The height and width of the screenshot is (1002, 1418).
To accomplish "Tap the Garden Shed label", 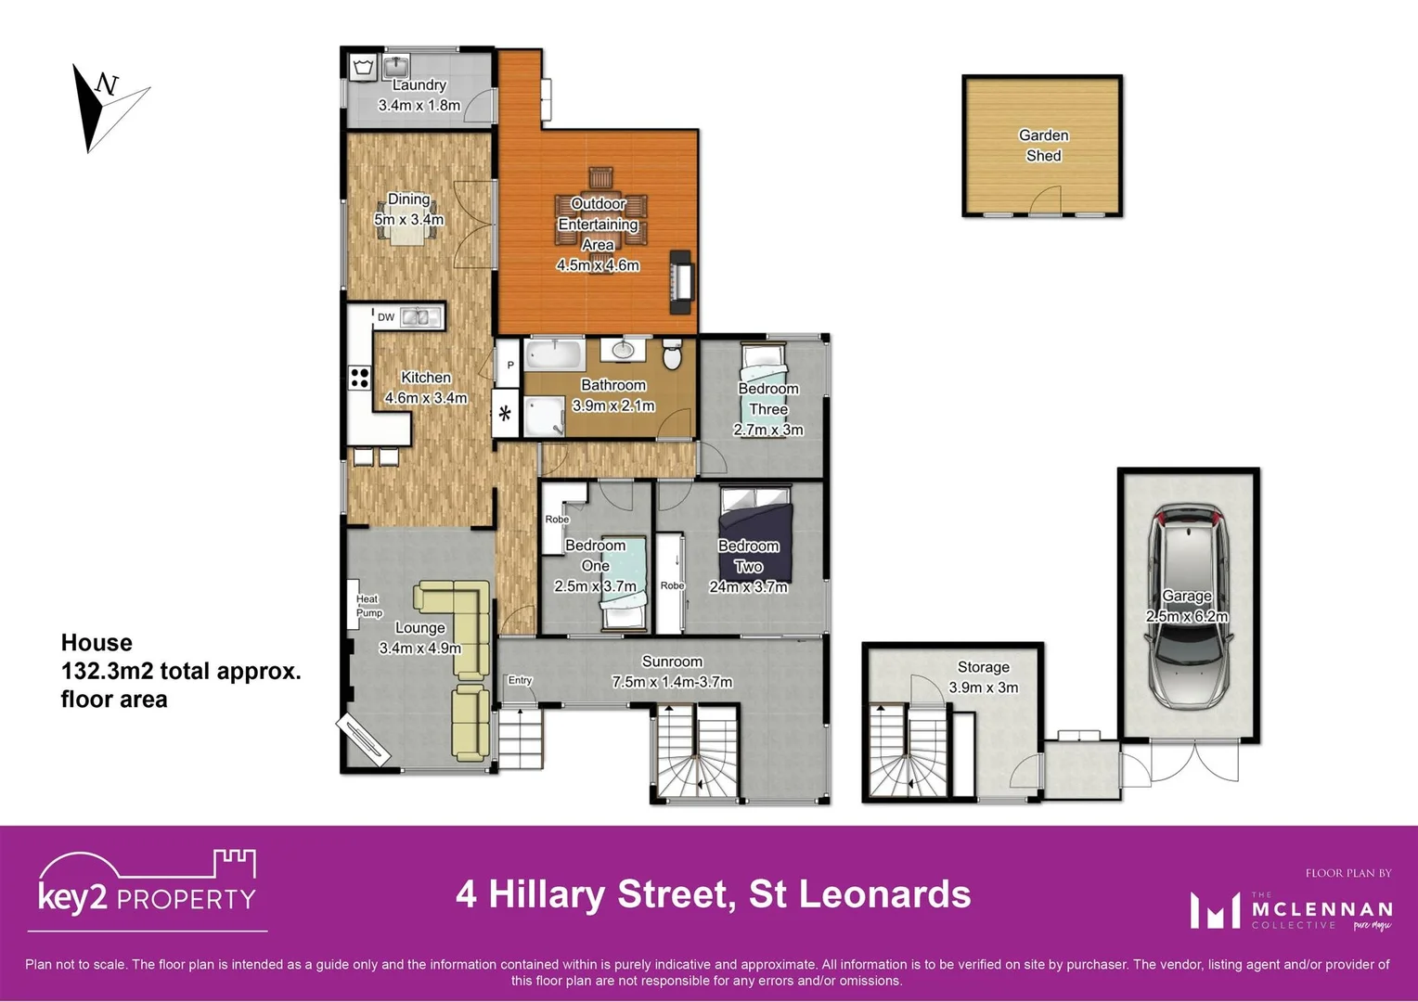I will click(1043, 146).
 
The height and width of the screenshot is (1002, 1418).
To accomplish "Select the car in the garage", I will click(1188, 608).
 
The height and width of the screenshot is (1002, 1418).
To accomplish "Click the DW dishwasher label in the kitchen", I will click(386, 317).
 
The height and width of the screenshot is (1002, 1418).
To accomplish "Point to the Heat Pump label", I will click(368, 606).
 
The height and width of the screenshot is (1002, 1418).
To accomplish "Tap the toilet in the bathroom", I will click(673, 354).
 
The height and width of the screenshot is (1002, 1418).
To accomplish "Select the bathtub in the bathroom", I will click(554, 354).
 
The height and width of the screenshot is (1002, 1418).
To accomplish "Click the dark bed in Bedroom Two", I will click(756, 538).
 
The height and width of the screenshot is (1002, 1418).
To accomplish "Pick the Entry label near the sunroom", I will click(520, 680).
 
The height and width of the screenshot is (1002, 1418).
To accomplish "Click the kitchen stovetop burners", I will click(359, 378).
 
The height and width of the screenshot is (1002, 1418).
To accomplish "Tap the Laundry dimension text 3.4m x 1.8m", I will click(419, 106).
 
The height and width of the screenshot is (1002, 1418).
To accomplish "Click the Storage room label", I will click(983, 667).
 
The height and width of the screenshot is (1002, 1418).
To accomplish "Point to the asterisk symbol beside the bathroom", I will click(505, 414).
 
